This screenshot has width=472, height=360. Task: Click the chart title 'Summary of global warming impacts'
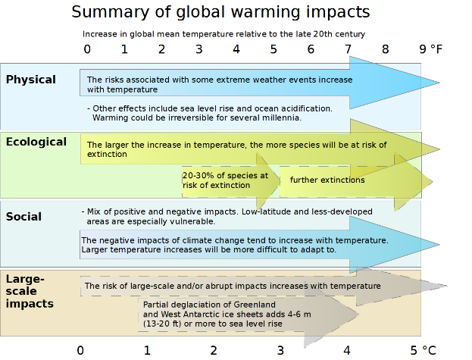pyautogui.click(x=220, y=12)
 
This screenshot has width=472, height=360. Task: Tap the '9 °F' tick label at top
pyautogui.click(x=430, y=49)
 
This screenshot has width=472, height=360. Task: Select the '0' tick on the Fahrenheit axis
pyautogui.click(x=87, y=49)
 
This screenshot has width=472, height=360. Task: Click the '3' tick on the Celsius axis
pyautogui.click(x=280, y=350)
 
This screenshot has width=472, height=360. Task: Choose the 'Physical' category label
pyautogui.click(x=31, y=80)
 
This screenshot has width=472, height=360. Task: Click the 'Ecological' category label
pyautogui.click(x=36, y=142)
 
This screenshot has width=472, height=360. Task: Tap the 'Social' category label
pyautogui.click(x=23, y=217)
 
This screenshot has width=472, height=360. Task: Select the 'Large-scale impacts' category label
pyautogui.click(x=30, y=291)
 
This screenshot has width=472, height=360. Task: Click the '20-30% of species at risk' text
pyautogui.click(x=225, y=180)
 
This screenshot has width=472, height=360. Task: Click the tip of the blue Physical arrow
pyautogui.click(x=437, y=83)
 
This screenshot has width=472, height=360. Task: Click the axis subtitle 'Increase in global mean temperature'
pyautogui.click(x=223, y=34)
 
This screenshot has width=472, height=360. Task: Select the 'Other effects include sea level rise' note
pyautogui.click(x=209, y=113)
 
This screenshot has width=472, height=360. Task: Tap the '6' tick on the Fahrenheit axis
pyautogui.click(x=311, y=49)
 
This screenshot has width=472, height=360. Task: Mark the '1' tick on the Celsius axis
pyautogui.click(x=147, y=350)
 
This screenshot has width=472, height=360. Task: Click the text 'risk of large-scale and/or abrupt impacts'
pyautogui.click(x=232, y=286)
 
